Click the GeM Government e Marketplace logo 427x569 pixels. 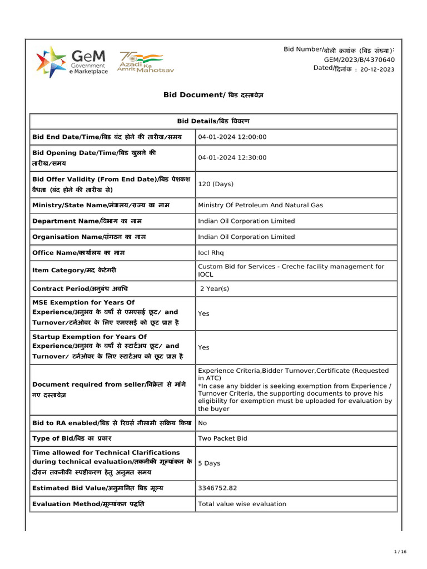pos(72,62)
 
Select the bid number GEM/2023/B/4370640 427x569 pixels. pos(359,59)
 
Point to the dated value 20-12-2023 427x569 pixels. pos(378,69)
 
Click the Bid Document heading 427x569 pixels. pos(213,95)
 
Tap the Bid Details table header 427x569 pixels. pos(213,121)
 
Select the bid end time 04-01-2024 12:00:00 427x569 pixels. pos(232,137)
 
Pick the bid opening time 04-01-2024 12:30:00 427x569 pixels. pos(232,158)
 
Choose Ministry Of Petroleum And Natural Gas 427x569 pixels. pos(260,205)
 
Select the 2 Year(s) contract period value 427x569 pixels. pos(215,289)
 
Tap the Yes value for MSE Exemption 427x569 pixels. pos(203,313)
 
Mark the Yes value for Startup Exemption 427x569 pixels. pos(203,347)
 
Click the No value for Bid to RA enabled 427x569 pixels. pos(202,423)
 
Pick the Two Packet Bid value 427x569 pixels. pos(222,438)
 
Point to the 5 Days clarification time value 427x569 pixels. pos(209,463)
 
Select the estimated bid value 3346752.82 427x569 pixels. pos(217,488)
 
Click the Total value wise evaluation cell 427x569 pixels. pos(242,504)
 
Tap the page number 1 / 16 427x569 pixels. pos(400,552)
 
